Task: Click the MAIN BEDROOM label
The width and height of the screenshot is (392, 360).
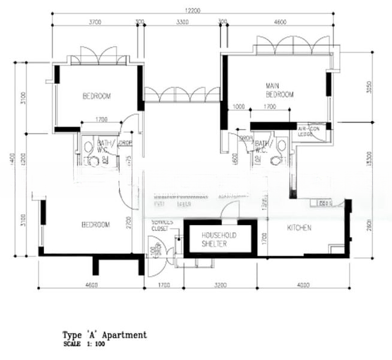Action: click(279, 91)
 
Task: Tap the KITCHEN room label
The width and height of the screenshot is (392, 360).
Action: click(298, 228)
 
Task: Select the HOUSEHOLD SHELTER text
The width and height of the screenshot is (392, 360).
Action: click(219, 239)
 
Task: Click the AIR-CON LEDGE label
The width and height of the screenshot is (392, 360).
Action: click(309, 131)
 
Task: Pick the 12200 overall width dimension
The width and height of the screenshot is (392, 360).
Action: click(193, 10)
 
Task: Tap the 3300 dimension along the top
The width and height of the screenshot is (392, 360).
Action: click(182, 22)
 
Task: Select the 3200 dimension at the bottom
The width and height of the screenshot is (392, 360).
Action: click(221, 286)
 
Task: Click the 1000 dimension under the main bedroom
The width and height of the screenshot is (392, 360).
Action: click(239, 107)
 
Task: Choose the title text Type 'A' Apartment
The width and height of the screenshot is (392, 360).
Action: click(104, 335)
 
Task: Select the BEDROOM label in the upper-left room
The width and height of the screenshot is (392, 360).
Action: click(96, 96)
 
